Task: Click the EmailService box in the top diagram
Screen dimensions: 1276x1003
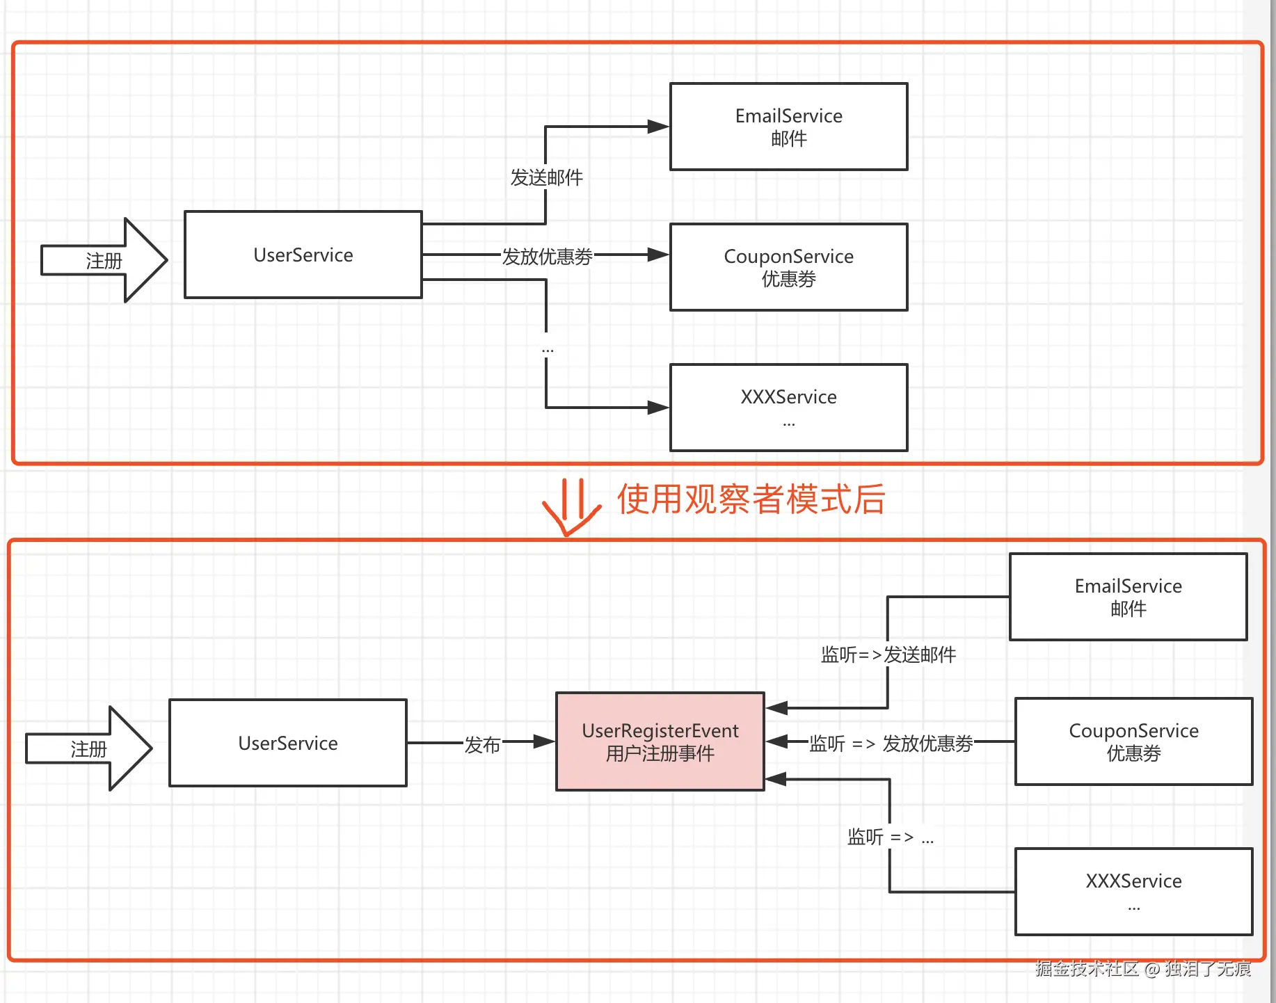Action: tap(788, 127)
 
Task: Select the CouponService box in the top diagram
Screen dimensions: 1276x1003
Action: tap(788, 267)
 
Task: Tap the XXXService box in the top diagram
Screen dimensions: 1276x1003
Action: tap(788, 408)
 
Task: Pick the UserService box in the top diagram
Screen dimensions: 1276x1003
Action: tap(303, 255)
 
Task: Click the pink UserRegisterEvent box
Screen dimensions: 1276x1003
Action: tap(660, 741)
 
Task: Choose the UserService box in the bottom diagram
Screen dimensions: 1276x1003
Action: tap(288, 743)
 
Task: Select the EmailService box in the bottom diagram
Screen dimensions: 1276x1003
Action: tap(1128, 597)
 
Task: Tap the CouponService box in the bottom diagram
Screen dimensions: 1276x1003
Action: tap(1133, 741)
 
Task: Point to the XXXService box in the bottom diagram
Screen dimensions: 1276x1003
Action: tap(1133, 892)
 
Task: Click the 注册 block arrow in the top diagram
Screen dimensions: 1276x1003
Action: tap(104, 260)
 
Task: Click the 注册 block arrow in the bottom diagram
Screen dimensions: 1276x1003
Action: tap(89, 748)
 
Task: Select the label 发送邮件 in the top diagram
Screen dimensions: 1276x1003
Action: tap(547, 178)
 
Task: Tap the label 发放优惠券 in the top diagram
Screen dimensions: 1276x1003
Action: tap(547, 257)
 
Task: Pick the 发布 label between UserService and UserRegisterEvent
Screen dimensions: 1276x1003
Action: tap(482, 745)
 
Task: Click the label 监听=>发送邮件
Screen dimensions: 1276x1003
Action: tap(888, 655)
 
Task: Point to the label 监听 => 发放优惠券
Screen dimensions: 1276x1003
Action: tap(891, 744)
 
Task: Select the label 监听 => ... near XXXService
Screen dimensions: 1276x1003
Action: tap(891, 837)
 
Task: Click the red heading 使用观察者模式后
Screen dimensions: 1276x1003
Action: tap(751, 499)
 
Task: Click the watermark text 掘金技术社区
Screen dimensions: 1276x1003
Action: tap(1087, 968)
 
